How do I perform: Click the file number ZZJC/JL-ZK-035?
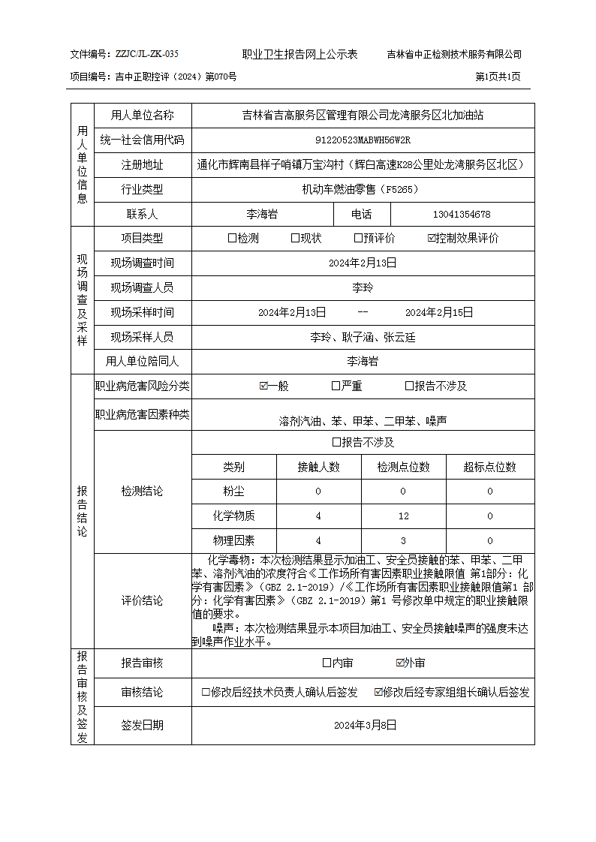tap(147, 54)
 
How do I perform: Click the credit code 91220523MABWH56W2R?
tap(363, 140)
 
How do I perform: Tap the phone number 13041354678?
tap(462, 215)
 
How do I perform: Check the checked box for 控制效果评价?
tap(432, 239)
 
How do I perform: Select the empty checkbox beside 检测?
tap(232, 239)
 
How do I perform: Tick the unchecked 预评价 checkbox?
tap(359, 239)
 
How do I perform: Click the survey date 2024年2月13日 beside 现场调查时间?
tap(363, 263)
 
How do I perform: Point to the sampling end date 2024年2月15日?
tap(439, 312)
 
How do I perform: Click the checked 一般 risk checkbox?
tap(263, 386)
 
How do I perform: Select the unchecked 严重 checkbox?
tap(336, 386)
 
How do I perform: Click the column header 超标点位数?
tap(489, 467)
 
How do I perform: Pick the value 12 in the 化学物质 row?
tap(404, 516)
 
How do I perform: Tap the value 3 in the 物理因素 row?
tap(404, 541)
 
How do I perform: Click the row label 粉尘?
tap(233, 492)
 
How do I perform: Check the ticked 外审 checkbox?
tap(401, 663)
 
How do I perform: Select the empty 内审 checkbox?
tap(327, 663)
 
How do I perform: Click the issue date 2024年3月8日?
tap(364, 726)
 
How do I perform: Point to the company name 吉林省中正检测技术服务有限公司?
tap(454, 54)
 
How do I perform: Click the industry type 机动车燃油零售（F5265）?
tap(360, 190)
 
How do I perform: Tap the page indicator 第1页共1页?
tap(498, 77)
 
